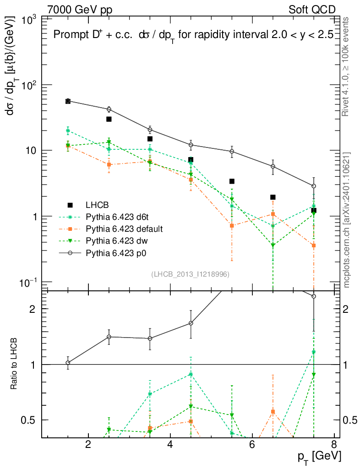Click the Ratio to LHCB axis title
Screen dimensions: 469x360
click(x=14, y=364)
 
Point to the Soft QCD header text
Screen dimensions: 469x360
click(x=312, y=10)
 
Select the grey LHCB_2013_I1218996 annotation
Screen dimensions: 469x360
click(x=190, y=274)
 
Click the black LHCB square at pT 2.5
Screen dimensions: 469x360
click(x=109, y=119)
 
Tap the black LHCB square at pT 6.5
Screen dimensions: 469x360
click(x=273, y=197)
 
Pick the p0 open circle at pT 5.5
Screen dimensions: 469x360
click(x=232, y=152)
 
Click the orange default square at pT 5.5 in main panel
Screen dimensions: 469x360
click(x=232, y=225)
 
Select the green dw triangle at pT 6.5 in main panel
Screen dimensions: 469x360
click(x=273, y=245)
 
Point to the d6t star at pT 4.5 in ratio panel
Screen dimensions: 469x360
click(x=191, y=374)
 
